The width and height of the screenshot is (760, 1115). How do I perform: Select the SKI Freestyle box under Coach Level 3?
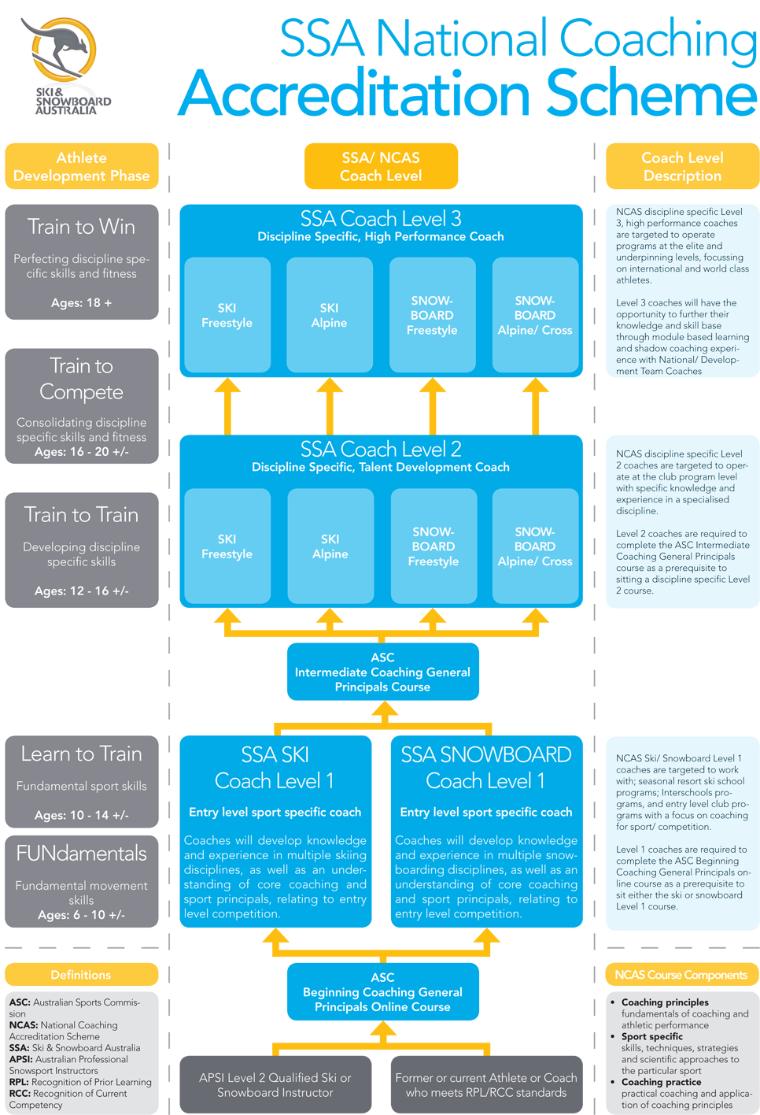227,315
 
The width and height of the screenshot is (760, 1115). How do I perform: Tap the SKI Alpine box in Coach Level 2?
330,546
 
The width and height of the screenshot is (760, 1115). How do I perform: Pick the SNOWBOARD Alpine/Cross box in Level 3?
535,315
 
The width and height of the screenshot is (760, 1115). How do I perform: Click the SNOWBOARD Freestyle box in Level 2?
433,546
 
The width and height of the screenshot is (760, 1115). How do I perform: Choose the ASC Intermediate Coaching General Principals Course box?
382,672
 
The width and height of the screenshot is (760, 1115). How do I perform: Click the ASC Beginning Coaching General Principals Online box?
382,991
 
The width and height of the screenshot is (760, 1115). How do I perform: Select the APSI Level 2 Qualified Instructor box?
275,1084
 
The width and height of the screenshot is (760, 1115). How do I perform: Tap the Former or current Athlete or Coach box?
486,1084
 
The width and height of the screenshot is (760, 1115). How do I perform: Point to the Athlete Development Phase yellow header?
81,167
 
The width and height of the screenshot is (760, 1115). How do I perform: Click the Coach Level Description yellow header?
682,167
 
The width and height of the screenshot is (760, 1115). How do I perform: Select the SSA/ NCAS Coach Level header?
381,167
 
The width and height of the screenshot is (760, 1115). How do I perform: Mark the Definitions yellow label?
81,975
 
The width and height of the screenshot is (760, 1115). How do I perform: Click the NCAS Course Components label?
681,975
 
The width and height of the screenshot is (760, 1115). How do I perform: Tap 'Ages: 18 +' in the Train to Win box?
81,303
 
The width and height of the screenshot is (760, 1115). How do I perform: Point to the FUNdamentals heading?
81,854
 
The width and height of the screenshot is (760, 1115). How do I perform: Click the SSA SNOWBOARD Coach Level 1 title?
486,768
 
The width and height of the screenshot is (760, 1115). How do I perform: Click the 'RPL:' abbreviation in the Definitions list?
20,1082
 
